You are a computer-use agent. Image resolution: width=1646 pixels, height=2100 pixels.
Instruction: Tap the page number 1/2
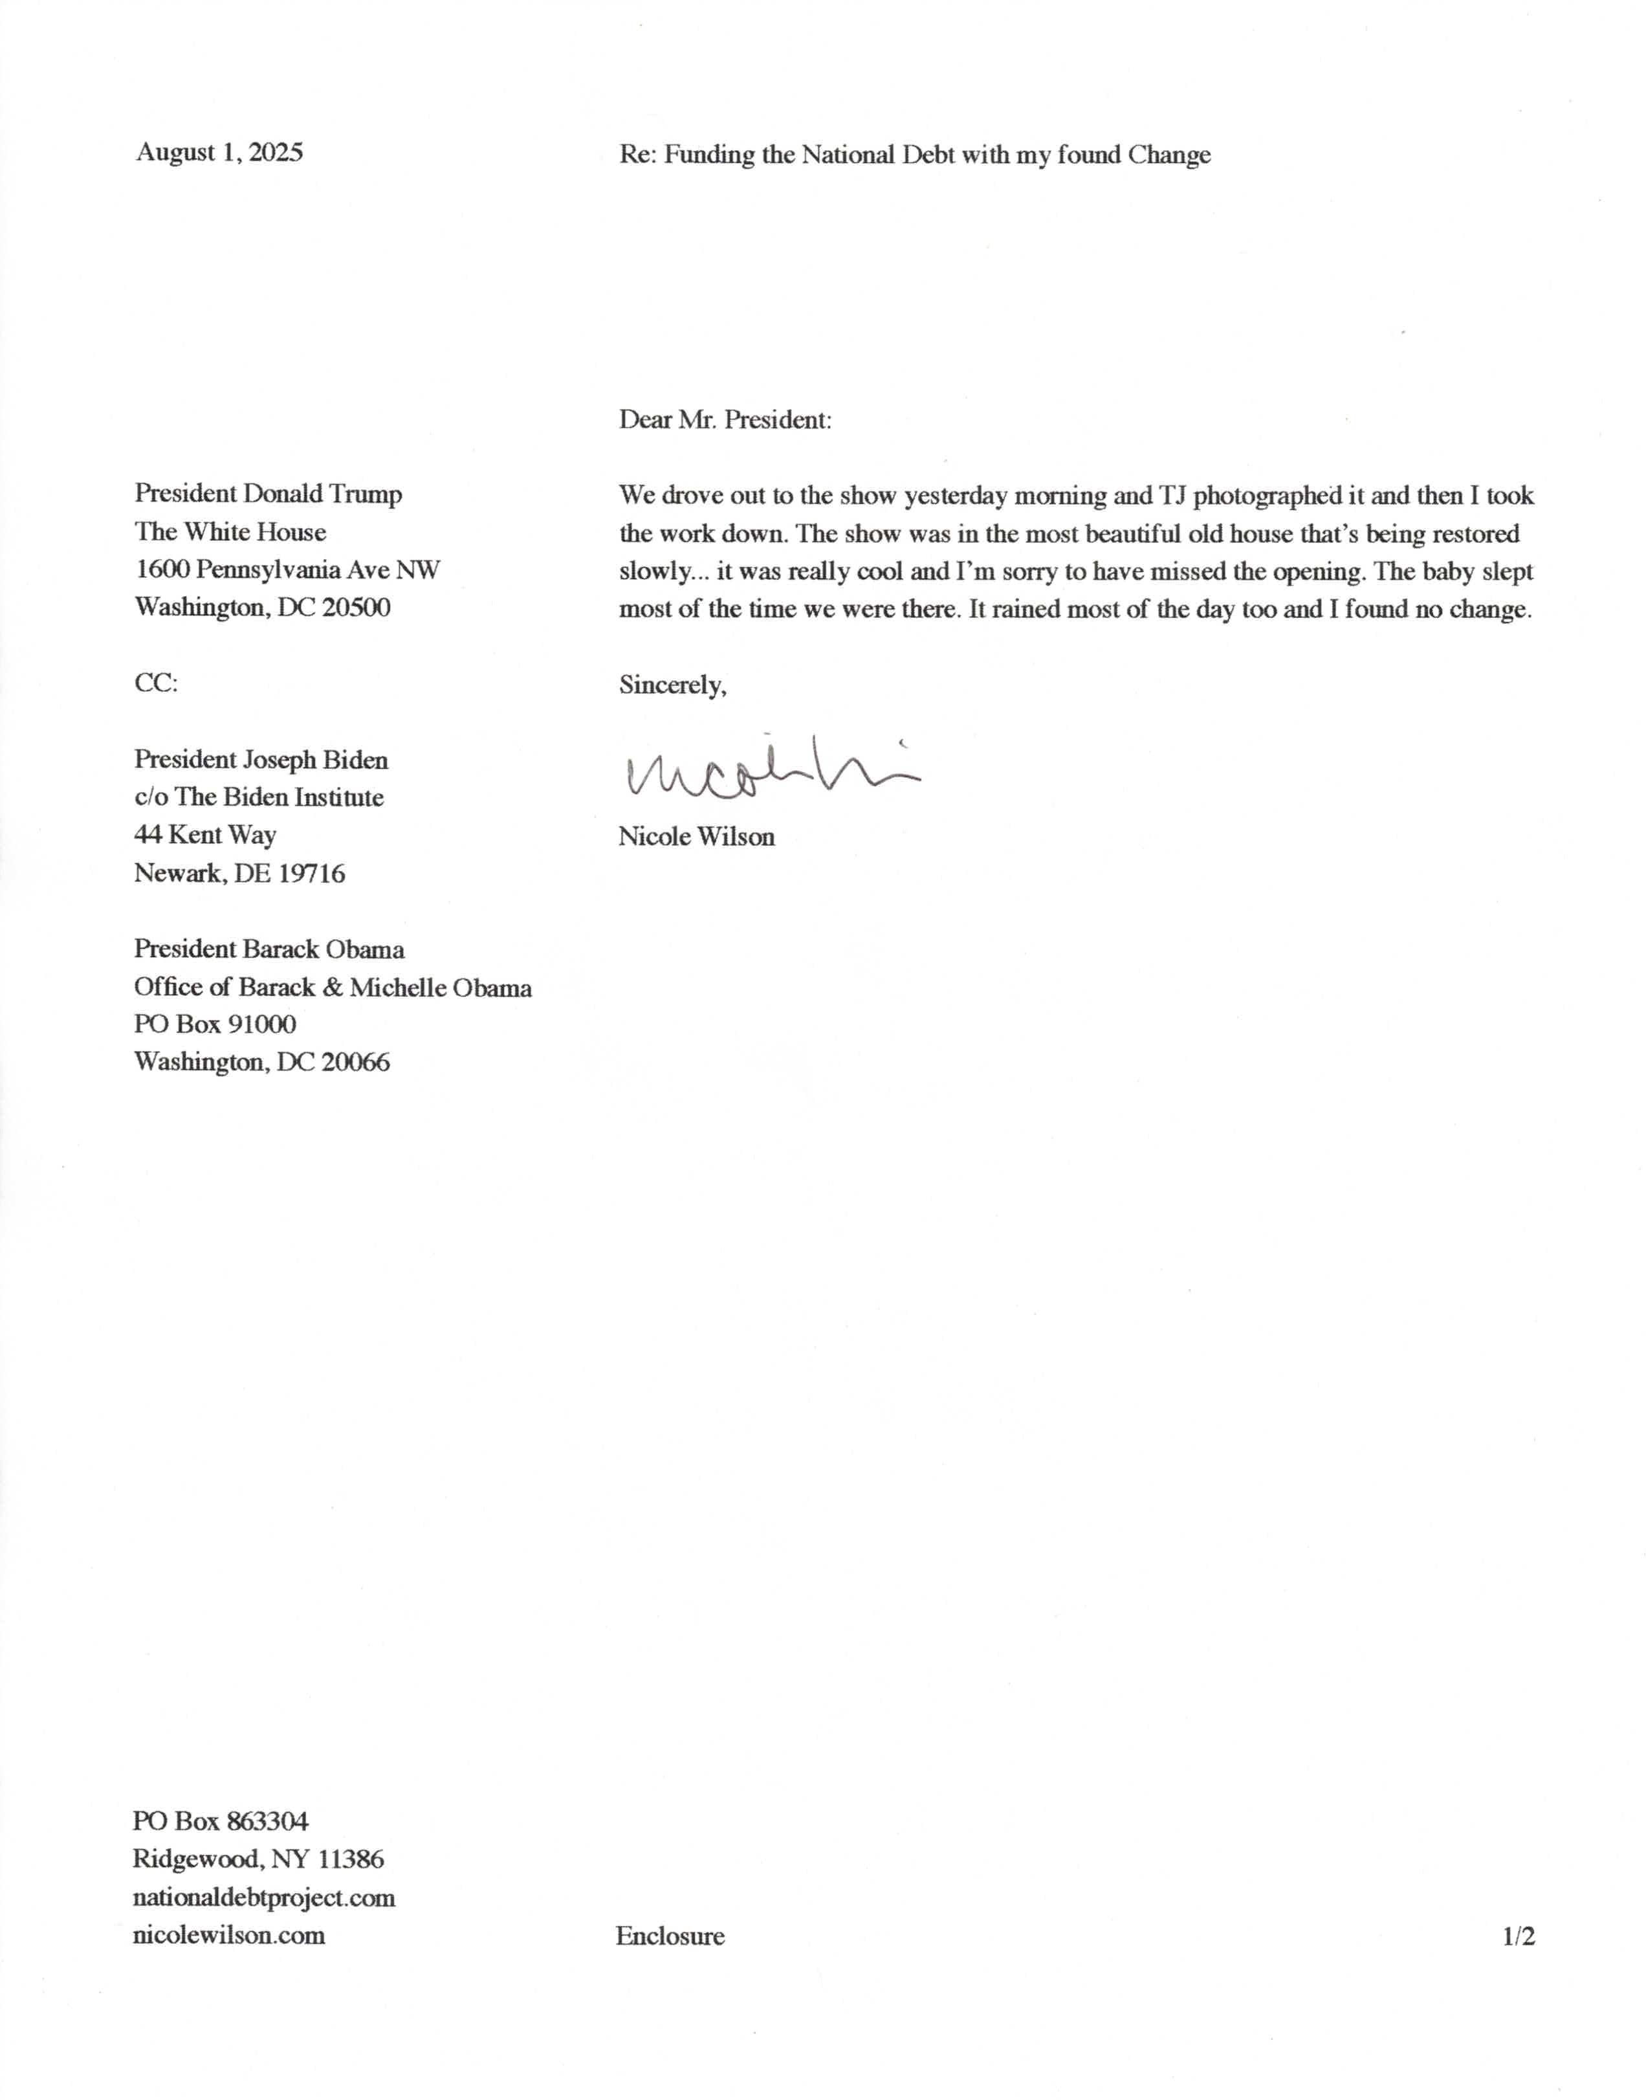[x=1518, y=1936]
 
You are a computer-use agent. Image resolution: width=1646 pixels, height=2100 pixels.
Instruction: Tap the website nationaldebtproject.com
[x=263, y=1897]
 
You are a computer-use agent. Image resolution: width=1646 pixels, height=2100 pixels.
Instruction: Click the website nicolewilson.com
[x=228, y=1935]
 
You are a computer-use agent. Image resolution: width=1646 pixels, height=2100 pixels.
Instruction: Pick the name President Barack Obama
[x=269, y=949]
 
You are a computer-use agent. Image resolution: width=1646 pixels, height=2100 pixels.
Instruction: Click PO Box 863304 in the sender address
[x=221, y=1822]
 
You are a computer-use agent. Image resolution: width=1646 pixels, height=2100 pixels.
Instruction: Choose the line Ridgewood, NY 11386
[x=258, y=1859]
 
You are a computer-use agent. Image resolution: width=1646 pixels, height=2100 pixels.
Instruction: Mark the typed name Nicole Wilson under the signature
[x=696, y=837]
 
